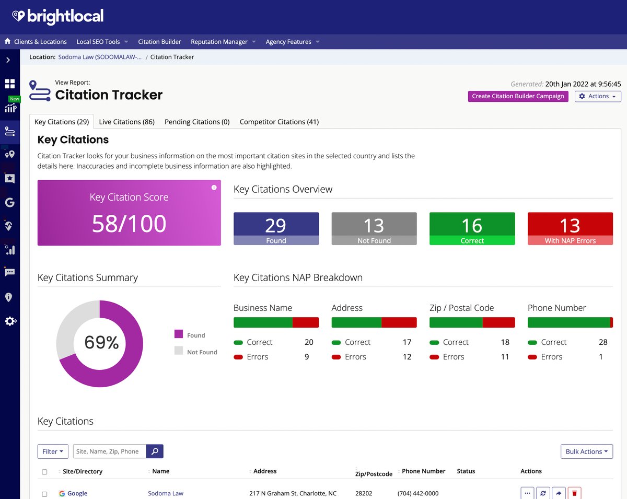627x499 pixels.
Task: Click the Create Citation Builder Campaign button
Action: pyautogui.click(x=518, y=96)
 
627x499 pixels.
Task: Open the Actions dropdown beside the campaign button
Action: pyautogui.click(x=598, y=96)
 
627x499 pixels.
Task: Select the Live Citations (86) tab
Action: pyautogui.click(x=126, y=122)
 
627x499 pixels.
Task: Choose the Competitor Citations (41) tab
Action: pyautogui.click(x=279, y=122)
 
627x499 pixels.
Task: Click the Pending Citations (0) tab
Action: pyautogui.click(x=197, y=122)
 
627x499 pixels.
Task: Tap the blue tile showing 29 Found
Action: pyautogui.click(x=276, y=228)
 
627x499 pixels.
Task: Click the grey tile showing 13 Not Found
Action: pyautogui.click(x=374, y=228)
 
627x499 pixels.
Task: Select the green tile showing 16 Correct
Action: pyautogui.click(x=472, y=228)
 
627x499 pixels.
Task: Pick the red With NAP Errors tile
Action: pyautogui.click(x=570, y=228)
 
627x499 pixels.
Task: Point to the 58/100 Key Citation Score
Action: pyautogui.click(x=129, y=223)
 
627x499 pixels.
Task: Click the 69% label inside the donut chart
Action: pyautogui.click(x=101, y=343)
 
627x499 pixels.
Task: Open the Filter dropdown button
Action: pyautogui.click(x=53, y=451)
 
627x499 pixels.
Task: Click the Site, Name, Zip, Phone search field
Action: pyautogui.click(x=110, y=451)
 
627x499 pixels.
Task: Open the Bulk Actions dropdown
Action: pyautogui.click(x=586, y=451)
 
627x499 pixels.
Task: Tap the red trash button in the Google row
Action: pyautogui.click(x=574, y=493)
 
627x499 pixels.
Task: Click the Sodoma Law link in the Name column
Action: pyautogui.click(x=166, y=493)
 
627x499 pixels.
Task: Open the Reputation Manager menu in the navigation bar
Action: pyautogui.click(x=223, y=42)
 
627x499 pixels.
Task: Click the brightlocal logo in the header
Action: pyautogui.click(x=58, y=16)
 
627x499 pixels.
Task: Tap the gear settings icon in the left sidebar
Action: pyautogui.click(x=10, y=321)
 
